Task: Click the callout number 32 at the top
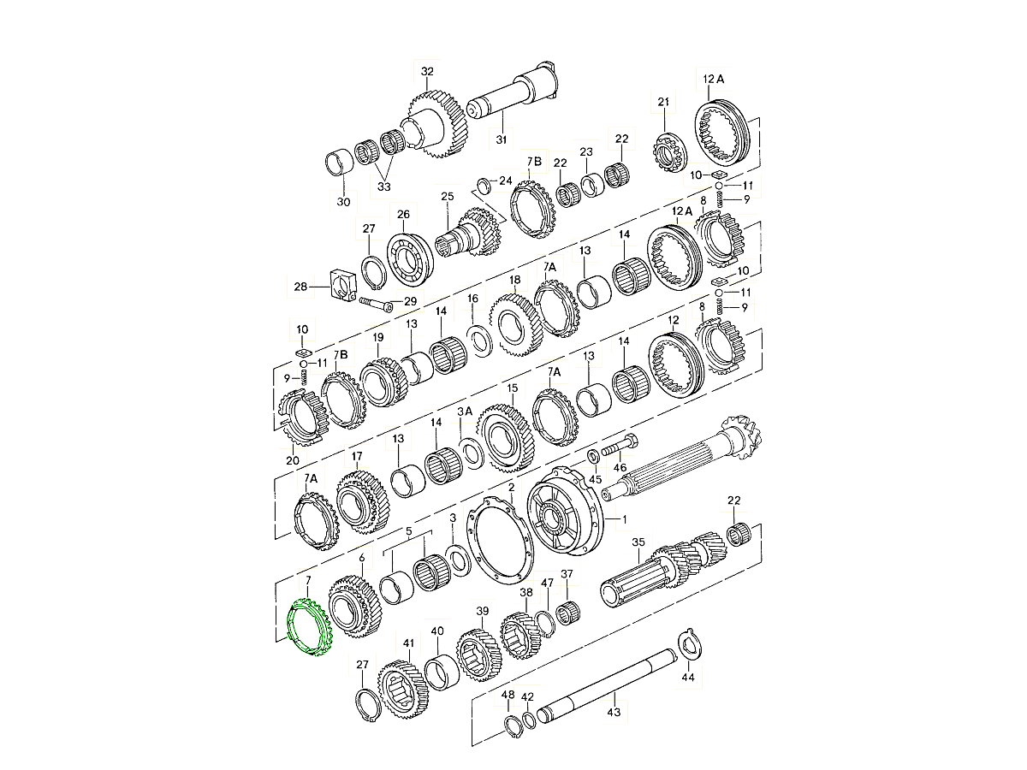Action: pos(427,71)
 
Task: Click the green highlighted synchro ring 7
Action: pos(309,630)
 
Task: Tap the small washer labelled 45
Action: pos(592,453)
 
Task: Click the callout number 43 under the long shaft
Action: pos(613,709)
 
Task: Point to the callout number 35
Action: pos(638,542)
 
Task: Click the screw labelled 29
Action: pos(376,303)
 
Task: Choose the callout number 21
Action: pos(662,103)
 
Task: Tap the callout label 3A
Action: pos(465,412)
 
